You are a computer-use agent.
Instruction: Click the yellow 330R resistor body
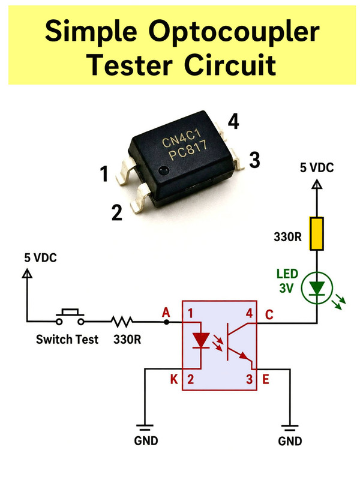pyautogui.click(x=317, y=233)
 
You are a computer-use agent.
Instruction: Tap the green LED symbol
pyautogui.click(x=317, y=288)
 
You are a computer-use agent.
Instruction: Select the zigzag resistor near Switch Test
pyautogui.click(x=122, y=322)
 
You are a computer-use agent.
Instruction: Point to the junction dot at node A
pyautogui.click(x=166, y=322)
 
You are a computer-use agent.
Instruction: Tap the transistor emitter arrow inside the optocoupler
pyautogui.click(x=244, y=356)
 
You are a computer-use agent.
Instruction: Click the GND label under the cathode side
pyautogui.click(x=146, y=441)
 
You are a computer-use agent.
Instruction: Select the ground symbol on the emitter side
pyautogui.click(x=290, y=427)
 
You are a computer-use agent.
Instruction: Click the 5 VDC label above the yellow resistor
pyautogui.click(x=317, y=168)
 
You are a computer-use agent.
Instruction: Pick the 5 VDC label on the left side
pyautogui.click(x=40, y=258)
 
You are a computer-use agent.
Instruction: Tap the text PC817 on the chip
pyautogui.click(x=188, y=151)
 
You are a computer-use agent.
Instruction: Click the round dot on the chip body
pyautogui.click(x=164, y=170)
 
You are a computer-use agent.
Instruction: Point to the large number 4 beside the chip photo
pyautogui.click(x=233, y=122)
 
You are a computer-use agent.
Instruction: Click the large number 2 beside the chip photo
pyautogui.click(x=116, y=212)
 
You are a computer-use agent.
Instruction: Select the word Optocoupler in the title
pyautogui.click(x=234, y=32)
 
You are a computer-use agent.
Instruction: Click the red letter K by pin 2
pyautogui.click(x=174, y=380)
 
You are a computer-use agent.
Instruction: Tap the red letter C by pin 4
pyautogui.click(x=269, y=314)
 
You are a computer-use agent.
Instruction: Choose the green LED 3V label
pyautogui.click(x=287, y=281)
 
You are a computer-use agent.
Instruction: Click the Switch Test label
pyautogui.click(x=67, y=339)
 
